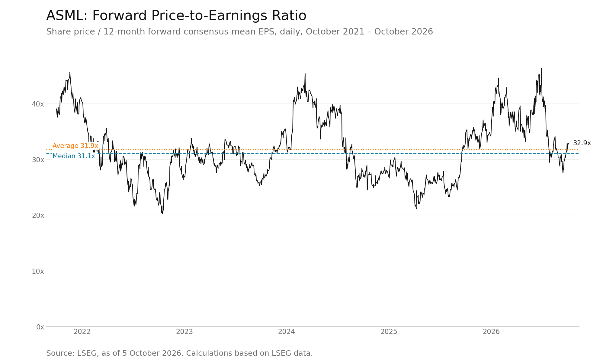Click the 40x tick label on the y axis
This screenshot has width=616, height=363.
click(38, 104)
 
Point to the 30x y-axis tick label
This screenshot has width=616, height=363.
click(38, 160)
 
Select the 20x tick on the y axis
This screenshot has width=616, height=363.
click(38, 215)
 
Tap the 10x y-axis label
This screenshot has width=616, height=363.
click(38, 271)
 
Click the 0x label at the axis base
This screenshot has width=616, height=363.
click(40, 327)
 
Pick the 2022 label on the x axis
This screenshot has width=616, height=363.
click(82, 332)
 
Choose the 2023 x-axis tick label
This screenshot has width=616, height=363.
click(184, 332)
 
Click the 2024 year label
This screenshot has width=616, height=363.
click(287, 332)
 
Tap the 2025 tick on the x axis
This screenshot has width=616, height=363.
click(389, 332)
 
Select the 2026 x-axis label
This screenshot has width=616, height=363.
click(491, 332)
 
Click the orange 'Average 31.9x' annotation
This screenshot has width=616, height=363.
click(75, 146)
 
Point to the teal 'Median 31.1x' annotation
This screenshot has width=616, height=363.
click(74, 156)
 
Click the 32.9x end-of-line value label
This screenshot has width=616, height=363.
click(582, 143)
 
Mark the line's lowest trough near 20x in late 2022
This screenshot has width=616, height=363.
click(162, 214)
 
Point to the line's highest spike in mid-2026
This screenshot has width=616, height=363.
click(541, 69)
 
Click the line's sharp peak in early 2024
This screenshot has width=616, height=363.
click(305, 74)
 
